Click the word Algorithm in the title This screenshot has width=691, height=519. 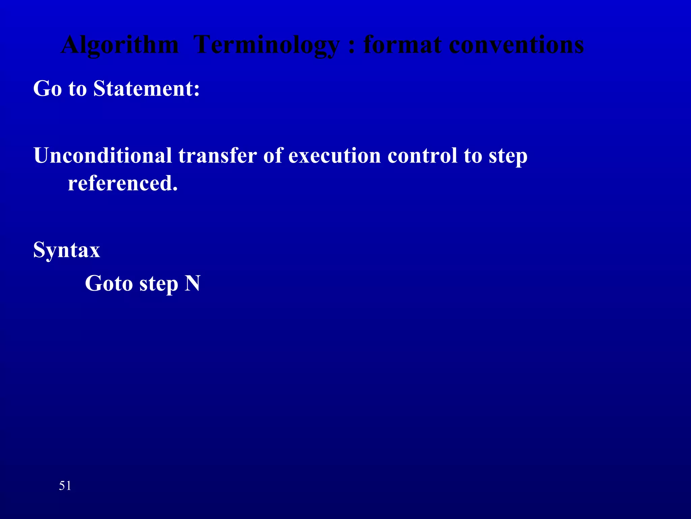(x=119, y=46)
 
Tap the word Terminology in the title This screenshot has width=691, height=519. (x=267, y=46)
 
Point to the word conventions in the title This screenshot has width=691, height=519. (x=516, y=46)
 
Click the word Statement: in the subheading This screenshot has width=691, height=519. (x=146, y=89)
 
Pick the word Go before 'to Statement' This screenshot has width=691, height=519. (x=48, y=89)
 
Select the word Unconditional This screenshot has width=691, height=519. (x=103, y=156)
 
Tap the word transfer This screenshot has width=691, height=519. (x=217, y=156)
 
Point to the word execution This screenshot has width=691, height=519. (x=334, y=156)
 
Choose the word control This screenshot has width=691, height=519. (x=422, y=156)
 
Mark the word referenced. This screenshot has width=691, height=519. (x=122, y=183)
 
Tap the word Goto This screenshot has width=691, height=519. (x=109, y=283)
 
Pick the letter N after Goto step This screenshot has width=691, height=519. (x=192, y=283)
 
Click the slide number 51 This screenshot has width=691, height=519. (x=65, y=486)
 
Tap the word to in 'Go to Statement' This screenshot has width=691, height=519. (x=78, y=89)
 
